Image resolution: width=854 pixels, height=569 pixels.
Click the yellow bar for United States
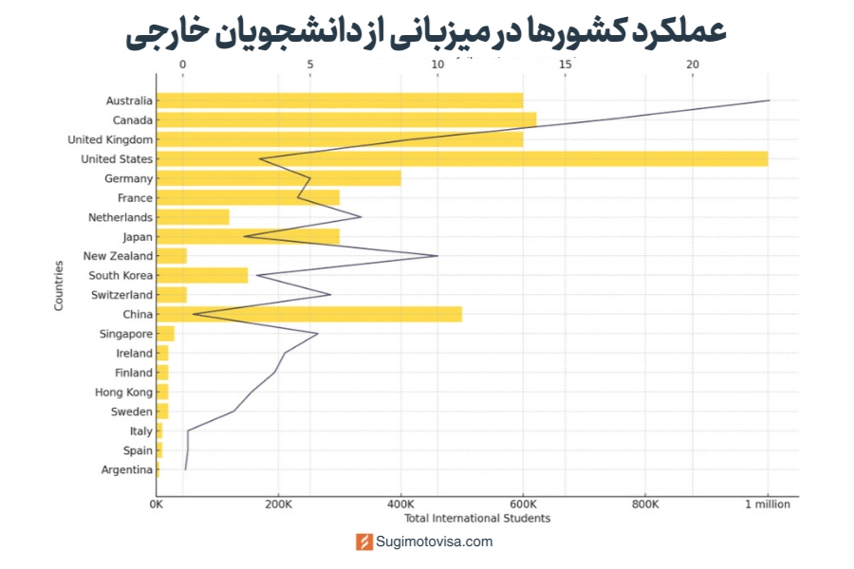(x=461, y=158)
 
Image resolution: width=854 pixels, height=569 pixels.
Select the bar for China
(x=308, y=314)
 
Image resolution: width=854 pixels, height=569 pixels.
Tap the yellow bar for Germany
(x=278, y=178)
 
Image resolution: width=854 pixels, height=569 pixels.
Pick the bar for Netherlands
(x=193, y=217)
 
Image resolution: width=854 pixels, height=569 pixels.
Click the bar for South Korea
(x=201, y=275)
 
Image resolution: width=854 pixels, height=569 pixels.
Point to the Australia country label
(x=129, y=101)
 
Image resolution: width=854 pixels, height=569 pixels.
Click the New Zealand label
(x=118, y=256)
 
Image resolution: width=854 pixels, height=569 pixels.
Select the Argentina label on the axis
(x=126, y=469)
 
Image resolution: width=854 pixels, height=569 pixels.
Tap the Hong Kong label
(x=123, y=392)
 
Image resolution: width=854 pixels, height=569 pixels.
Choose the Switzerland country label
(x=121, y=295)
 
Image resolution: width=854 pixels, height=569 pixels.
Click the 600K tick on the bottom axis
(x=523, y=505)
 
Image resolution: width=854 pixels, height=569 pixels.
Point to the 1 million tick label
(x=767, y=505)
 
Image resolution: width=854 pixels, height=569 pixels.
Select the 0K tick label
(x=157, y=505)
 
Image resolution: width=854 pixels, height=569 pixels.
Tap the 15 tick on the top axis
(x=566, y=64)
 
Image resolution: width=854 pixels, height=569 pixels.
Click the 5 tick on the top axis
(x=310, y=64)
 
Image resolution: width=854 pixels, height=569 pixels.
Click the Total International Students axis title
(x=477, y=518)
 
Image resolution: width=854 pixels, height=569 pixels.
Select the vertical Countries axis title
(x=59, y=284)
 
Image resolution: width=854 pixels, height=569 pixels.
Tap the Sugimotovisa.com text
(x=435, y=541)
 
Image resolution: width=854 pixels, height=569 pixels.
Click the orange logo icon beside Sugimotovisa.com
(x=364, y=541)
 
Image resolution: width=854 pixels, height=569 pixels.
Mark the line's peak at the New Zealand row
(x=437, y=256)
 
